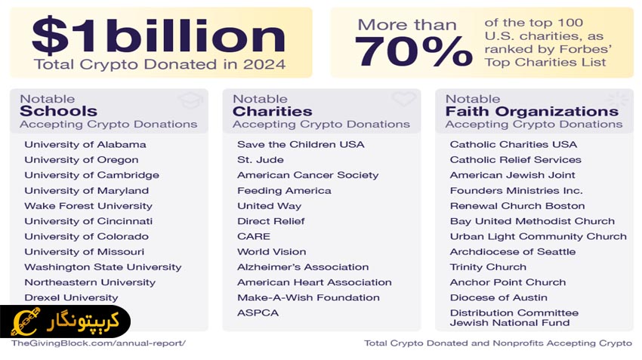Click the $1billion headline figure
[159, 35]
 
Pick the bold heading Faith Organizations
[532, 112]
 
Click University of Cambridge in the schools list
[91, 175]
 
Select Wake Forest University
[88, 206]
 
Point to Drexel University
[71, 297]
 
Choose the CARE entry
[253, 236]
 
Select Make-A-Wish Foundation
[308, 297]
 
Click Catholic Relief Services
[515, 160]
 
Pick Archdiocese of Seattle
[512, 251]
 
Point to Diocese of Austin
[498, 297]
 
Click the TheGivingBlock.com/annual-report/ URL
[98, 343]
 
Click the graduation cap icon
[190, 100]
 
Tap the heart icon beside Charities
[404, 100]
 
